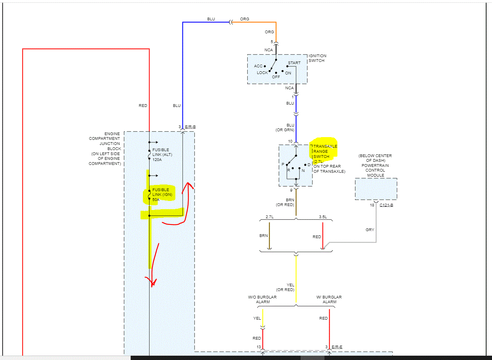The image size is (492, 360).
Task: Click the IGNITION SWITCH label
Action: (317, 58)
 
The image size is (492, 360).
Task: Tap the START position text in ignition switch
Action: (294, 63)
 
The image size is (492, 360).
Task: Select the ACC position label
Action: (258, 66)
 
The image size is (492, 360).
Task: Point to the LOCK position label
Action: (262, 73)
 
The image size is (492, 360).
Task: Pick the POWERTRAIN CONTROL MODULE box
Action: (376, 189)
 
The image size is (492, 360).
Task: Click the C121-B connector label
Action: (386, 205)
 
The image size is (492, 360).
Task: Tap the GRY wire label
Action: (370, 230)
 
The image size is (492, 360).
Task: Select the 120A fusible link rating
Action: (157, 160)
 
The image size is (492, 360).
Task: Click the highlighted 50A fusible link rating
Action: (156, 199)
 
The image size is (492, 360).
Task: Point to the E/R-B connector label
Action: (190, 127)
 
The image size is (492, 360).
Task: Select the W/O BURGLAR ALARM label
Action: (262, 300)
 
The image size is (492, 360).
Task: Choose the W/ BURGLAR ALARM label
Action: (329, 300)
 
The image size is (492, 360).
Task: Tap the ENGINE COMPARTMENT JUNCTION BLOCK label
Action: (105, 148)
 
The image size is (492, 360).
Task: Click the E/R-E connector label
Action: (337, 347)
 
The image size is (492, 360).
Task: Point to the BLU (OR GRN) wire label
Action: (290, 128)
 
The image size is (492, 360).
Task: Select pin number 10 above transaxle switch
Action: (290, 141)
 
